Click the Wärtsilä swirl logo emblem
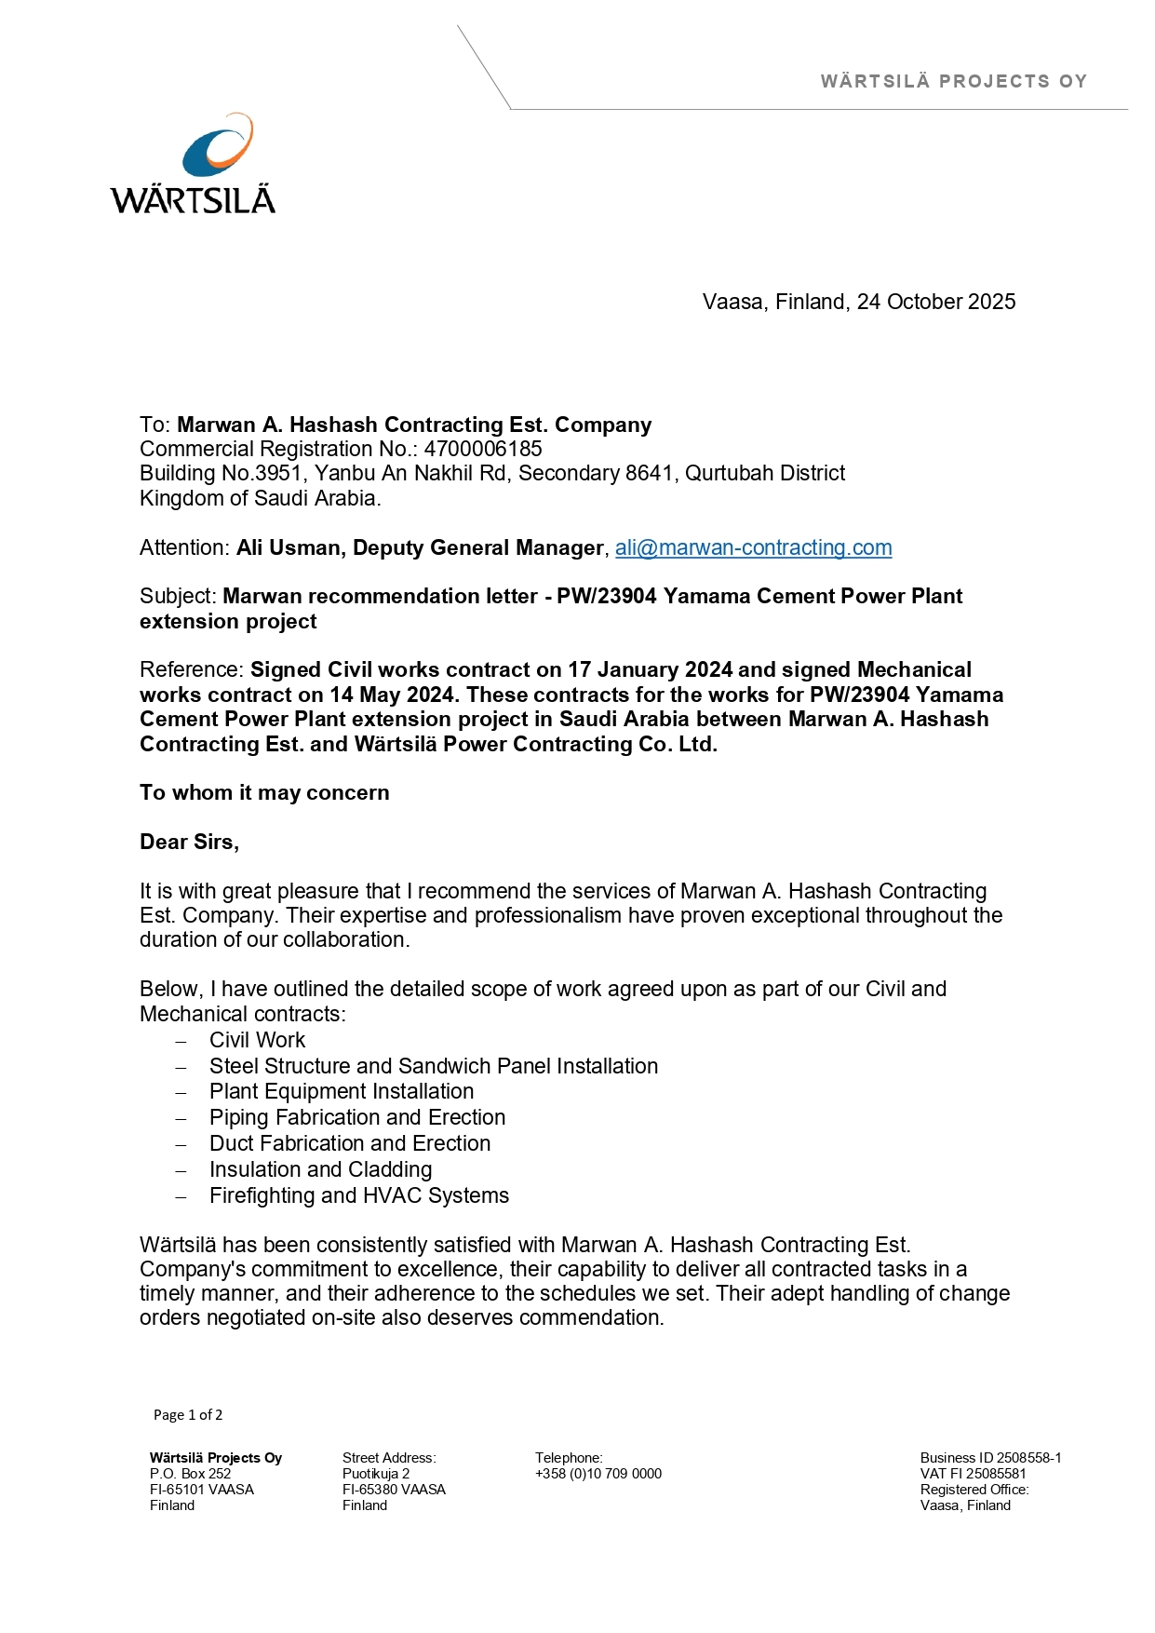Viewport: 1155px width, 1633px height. (x=218, y=145)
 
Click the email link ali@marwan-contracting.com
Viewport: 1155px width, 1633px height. (x=753, y=547)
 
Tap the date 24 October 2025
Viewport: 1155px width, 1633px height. (x=935, y=302)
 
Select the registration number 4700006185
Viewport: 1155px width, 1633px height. (x=483, y=449)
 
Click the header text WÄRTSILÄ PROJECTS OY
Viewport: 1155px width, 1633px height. (x=953, y=81)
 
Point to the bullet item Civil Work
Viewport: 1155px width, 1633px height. (x=257, y=1040)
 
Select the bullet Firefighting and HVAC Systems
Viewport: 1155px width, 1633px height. (x=358, y=1195)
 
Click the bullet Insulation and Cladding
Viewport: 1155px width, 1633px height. (x=320, y=1169)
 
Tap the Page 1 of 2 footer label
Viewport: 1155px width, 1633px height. (x=188, y=1415)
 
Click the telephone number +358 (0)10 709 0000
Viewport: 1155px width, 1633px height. (x=598, y=1474)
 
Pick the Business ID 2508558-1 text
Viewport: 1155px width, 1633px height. (x=990, y=1458)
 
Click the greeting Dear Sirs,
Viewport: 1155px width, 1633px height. (x=189, y=842)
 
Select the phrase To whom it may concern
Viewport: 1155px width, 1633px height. (x=264, y=792)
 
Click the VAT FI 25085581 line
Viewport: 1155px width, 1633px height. (x=973, y=1474)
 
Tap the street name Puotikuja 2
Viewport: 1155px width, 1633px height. (x=376, y=1474)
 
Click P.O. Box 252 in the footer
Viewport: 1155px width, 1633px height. (x=190, y=1474)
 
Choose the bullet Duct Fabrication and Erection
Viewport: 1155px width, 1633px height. (x=349, y=1143)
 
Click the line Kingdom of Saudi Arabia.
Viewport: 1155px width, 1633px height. (x=260, y=498)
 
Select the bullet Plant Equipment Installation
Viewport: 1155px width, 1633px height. (x=341, y=1091)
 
